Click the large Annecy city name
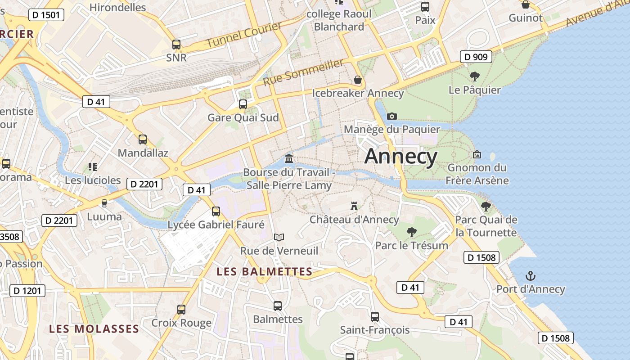click(x=400, y=157)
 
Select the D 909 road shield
click(x=476, y=57)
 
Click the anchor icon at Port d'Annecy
click(x=531, y=275)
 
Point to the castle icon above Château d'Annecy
click(x=354, y=206)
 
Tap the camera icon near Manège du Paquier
click(x=392, y=116)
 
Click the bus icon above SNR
click(x=176, y=45)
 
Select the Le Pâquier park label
click(x=474, y=90)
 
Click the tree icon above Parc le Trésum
click(x=411, y=232)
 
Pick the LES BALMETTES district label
click(x=264, y=272)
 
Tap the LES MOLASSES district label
click(x=94, y=329)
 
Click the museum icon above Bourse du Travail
click(x=289, y=158)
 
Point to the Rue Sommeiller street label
click(x=303, y=72)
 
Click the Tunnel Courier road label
click(x=244, y=35)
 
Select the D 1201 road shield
click(x=27, y=291)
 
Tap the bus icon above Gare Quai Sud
click(x=243, y=104)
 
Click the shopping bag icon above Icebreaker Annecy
click(x=358, y=80)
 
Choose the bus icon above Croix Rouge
click(x=181, y=310)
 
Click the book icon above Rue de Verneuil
click(x=279, y=237)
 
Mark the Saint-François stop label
click(x=374, y=330)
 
